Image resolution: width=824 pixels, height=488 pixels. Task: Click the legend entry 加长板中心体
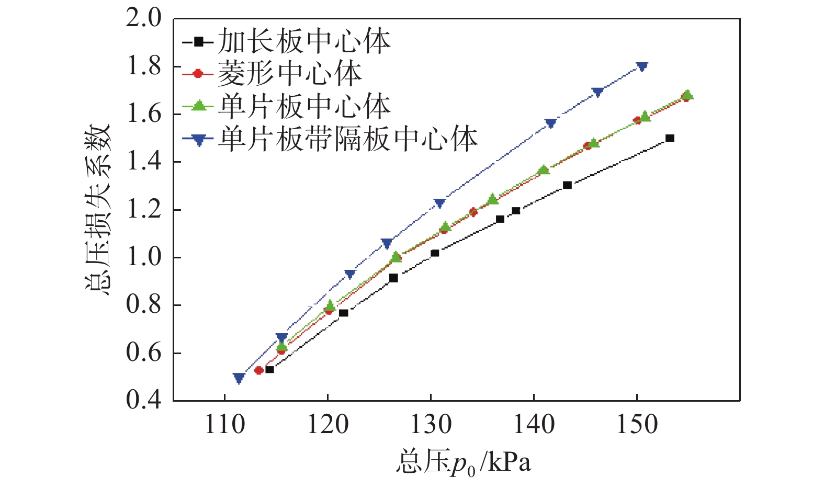(304, 41)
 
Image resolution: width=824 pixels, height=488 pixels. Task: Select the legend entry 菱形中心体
(289, 74)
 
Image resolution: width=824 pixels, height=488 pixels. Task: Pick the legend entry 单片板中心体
(304, 106)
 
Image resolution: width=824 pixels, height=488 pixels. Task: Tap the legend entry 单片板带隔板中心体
(347, 139)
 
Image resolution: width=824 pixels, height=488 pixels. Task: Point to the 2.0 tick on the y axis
(143, 18)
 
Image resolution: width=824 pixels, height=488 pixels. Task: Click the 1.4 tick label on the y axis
(143, 162)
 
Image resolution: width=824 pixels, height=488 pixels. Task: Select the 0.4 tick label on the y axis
(143, 401)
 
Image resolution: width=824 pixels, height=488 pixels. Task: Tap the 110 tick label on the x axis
(225, 424)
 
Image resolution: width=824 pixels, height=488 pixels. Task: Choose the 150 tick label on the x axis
(637, 424)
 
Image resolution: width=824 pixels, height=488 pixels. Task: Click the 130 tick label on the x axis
(431, 424)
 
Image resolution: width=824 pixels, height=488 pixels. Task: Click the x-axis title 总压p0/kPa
(464, 462)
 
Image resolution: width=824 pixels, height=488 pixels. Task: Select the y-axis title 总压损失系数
(98, 210)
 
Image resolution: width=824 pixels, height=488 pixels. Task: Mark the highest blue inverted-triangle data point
(642, 66)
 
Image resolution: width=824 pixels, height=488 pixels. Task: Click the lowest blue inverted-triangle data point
(239, 378)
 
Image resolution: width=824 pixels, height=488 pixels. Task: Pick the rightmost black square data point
(670, 138)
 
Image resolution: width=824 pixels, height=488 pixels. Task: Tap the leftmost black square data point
(269, 369)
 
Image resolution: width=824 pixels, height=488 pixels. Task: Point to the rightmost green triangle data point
(687, 95)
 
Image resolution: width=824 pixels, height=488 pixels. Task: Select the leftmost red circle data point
(258, 370)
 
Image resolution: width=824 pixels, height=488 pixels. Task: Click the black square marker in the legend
(199, 41)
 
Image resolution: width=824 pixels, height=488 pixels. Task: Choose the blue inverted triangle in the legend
(199, 140)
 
